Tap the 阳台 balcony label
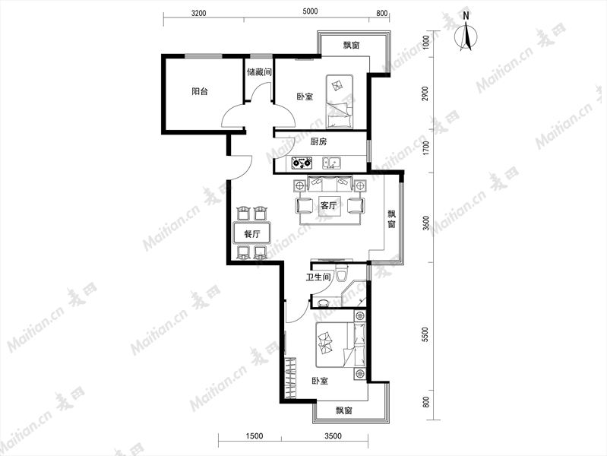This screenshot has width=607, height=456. click(200, 91)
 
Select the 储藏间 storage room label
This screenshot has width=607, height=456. click(259, 71)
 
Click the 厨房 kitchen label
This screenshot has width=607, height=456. click(318, 142)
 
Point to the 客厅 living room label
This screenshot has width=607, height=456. click(328, 205)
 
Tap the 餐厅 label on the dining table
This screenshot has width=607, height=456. click(252, 234)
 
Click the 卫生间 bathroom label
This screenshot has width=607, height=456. click(318, 277)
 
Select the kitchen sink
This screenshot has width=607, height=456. click(332, 163)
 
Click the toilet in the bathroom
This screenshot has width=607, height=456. click(341, 273)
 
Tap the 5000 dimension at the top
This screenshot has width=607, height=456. click(310, 11)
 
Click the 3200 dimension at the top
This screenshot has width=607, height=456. click(198, 13)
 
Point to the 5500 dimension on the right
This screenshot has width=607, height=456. click(426, 334)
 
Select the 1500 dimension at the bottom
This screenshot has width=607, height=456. click(254, 436)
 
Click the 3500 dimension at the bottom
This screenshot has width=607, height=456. click(333, 436)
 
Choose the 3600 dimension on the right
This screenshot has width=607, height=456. click(426, 223)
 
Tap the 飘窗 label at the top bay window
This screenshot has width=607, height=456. click(352, 46)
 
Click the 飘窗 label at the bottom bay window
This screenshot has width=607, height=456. click(343, 410)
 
